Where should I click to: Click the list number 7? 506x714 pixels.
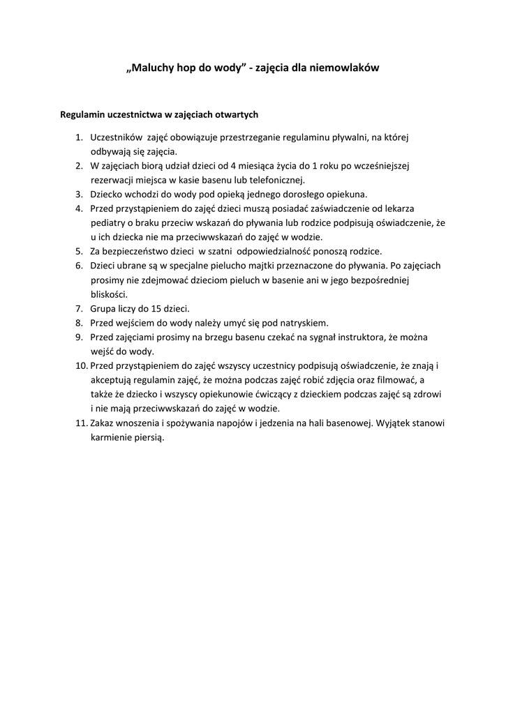pyautogui.click(x=80, y=308)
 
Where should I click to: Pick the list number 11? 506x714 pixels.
pyautogui.click(x=80, y=423)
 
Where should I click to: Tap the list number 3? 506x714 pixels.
pyautogui.click(x=80, y=194)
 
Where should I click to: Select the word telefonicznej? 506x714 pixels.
pyautogui.click(x=271, y=180)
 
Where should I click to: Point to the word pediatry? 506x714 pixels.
pyautogui.click(x=110, y=222)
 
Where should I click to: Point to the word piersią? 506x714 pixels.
pyautogui.click(x=149, y=437)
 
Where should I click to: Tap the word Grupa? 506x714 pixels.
pyautogui.click(x=103, y=308)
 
